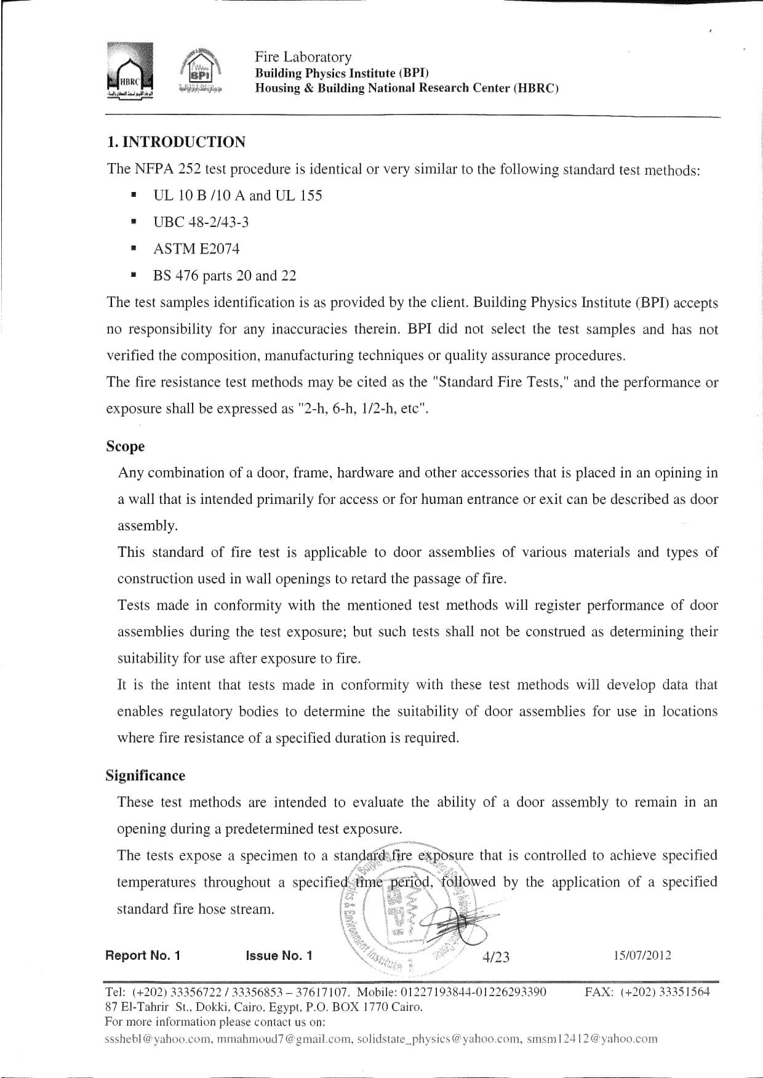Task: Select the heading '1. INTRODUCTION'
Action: pyautogui.click(x=176, y=142)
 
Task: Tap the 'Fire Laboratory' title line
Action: pyautogui.click(x=303, y=57)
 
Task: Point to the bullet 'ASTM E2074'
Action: pyautogui.click(x=196, y=249)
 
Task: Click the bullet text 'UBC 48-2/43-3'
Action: pyautogui.click(x=201, y=222)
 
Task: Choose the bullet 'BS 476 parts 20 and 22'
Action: pyautogui.click(x=225, y=276)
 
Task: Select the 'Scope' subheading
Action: pyautogui.click(x=125, y=446)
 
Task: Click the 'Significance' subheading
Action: pyautogui.click(x=145, y=775)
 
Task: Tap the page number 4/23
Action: pyautogui.click(x=496, y=956)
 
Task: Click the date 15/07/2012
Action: pyautogui.click(x=642, y=956)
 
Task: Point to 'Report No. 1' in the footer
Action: pyautogui.click(x=143, y=956)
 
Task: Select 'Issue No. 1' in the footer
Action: pyautogui.click(x=279, y=956)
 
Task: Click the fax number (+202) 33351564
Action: pyautogui.click(x=665, y=992)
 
